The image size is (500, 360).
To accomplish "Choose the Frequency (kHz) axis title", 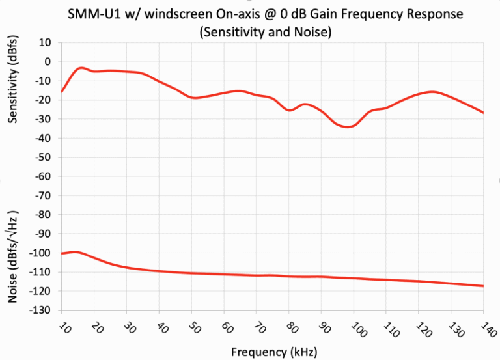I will [273, 352].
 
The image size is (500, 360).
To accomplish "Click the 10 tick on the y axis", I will [46, 42].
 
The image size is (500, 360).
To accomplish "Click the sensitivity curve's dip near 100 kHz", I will [348, 126].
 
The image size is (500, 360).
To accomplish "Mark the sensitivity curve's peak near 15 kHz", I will [81, 68].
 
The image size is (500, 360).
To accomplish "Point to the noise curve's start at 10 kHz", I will [62, 253].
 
